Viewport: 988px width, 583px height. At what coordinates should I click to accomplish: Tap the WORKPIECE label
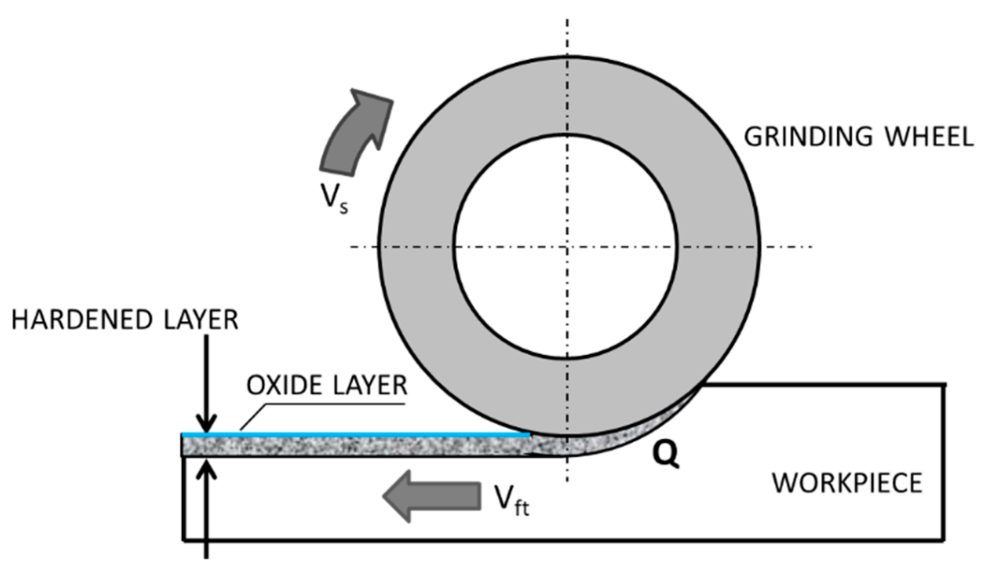point(847,483)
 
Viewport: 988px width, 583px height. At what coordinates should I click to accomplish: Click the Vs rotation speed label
point(334,197)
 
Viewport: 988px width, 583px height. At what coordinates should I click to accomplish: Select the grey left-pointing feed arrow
point(431,496)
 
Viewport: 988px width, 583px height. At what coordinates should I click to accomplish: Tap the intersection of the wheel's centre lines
point(567,246)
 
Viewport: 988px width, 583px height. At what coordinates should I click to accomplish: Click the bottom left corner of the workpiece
point(184,539)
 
